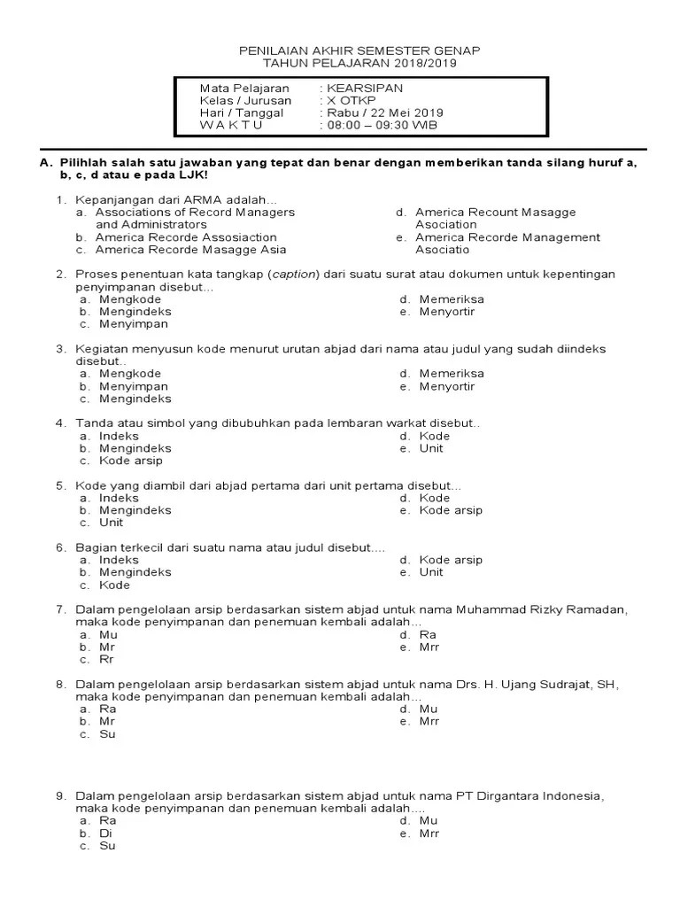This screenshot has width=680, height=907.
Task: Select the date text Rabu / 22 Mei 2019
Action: tap(385, 112)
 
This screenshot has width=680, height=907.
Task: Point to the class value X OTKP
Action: tap(349, 101)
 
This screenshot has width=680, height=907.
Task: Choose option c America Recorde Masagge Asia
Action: tap(191, 250)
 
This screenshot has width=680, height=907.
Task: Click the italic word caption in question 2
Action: tap(293, 275)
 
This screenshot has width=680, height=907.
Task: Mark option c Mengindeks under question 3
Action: tap(135, 399)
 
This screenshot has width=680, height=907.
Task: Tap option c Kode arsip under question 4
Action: tap(130, 461)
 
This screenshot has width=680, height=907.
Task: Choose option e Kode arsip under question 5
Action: tap(450, 510)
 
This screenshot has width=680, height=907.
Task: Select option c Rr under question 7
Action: tap(106, 660)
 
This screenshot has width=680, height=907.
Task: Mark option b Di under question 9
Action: tap(105, 833)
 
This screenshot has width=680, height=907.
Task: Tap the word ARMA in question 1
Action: tap(201, 200)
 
